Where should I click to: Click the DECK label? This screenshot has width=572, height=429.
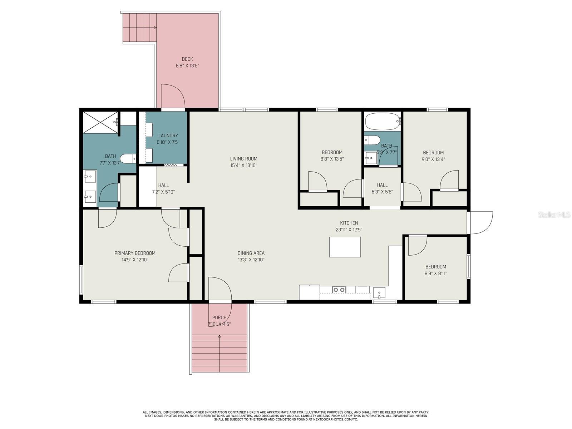pyautogui.click(x=187, y=59)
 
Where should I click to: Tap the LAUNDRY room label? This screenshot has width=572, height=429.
pyautogui.click(x=168, y=135)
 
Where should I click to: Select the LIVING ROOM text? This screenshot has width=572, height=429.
pyautogui.click(x=244, y=159)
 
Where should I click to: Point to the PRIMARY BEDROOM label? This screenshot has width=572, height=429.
pyautogui.click(x=135, y=253)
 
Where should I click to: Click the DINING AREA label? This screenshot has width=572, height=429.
pyautogui.click(x=251, y=253)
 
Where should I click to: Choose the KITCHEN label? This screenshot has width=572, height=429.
pyautogui.click(x=349, y=223)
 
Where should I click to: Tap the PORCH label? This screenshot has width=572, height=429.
pyautogui.click(x=220, y=317)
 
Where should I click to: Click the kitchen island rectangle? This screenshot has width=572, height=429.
pyautogui.click(x=345, y=247)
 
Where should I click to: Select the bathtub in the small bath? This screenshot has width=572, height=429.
pyautogui.click(x=383, y=122)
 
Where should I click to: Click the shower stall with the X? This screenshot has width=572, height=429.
pyautogui.click(x=100, y=122)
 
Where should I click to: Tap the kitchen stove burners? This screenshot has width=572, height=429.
pyautogui.click(x=339, y=289)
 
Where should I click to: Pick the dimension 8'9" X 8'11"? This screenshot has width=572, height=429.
pyautogui.click(x=436, y=273)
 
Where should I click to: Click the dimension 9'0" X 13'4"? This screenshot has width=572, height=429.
pyautogui.click(x=433, y=159)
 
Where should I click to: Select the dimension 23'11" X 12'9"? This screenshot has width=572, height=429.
pyautogui.click(x=349, y=230)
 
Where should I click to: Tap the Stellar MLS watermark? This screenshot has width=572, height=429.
pyautogui.click(x=554, y=214)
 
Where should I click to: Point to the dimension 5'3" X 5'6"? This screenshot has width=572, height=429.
pyautogui.click(x=382, y=192)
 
